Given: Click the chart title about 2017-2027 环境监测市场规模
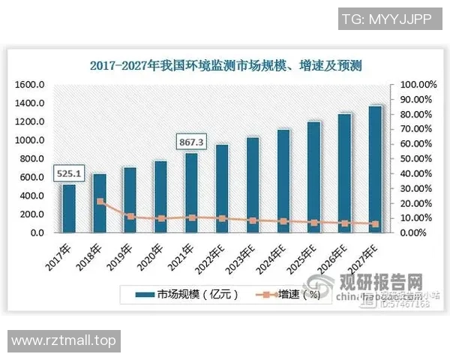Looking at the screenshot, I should [x=226, y=66].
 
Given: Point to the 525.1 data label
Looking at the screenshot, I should [x=69, y=174].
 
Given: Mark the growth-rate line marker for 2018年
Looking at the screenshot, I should [x=100, y=202].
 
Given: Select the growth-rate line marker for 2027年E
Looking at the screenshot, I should [x=375, y=223].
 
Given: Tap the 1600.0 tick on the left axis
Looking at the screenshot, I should [x=30, y=85].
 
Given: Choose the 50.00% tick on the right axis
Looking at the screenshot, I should [x=416, y=159].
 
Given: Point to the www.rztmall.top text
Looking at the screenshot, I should [x=64, y=340].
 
